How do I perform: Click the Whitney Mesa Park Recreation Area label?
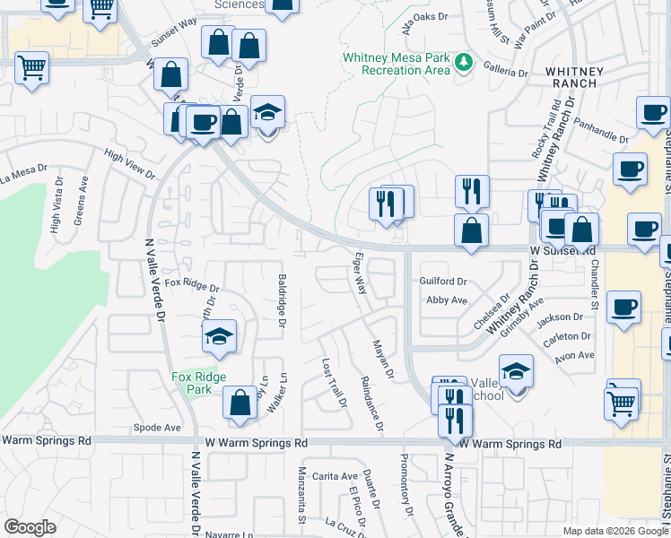click(395, 64)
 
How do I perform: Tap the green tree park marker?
click(464, 62)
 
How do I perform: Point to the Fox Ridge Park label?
click(199, 383)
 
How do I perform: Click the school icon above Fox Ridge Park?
click(218, 337)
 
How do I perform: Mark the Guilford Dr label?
click(444, 282)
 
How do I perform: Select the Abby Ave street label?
click(447, 300)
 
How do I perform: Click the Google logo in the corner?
click(30, 527)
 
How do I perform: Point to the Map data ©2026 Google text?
click(615, 531)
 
